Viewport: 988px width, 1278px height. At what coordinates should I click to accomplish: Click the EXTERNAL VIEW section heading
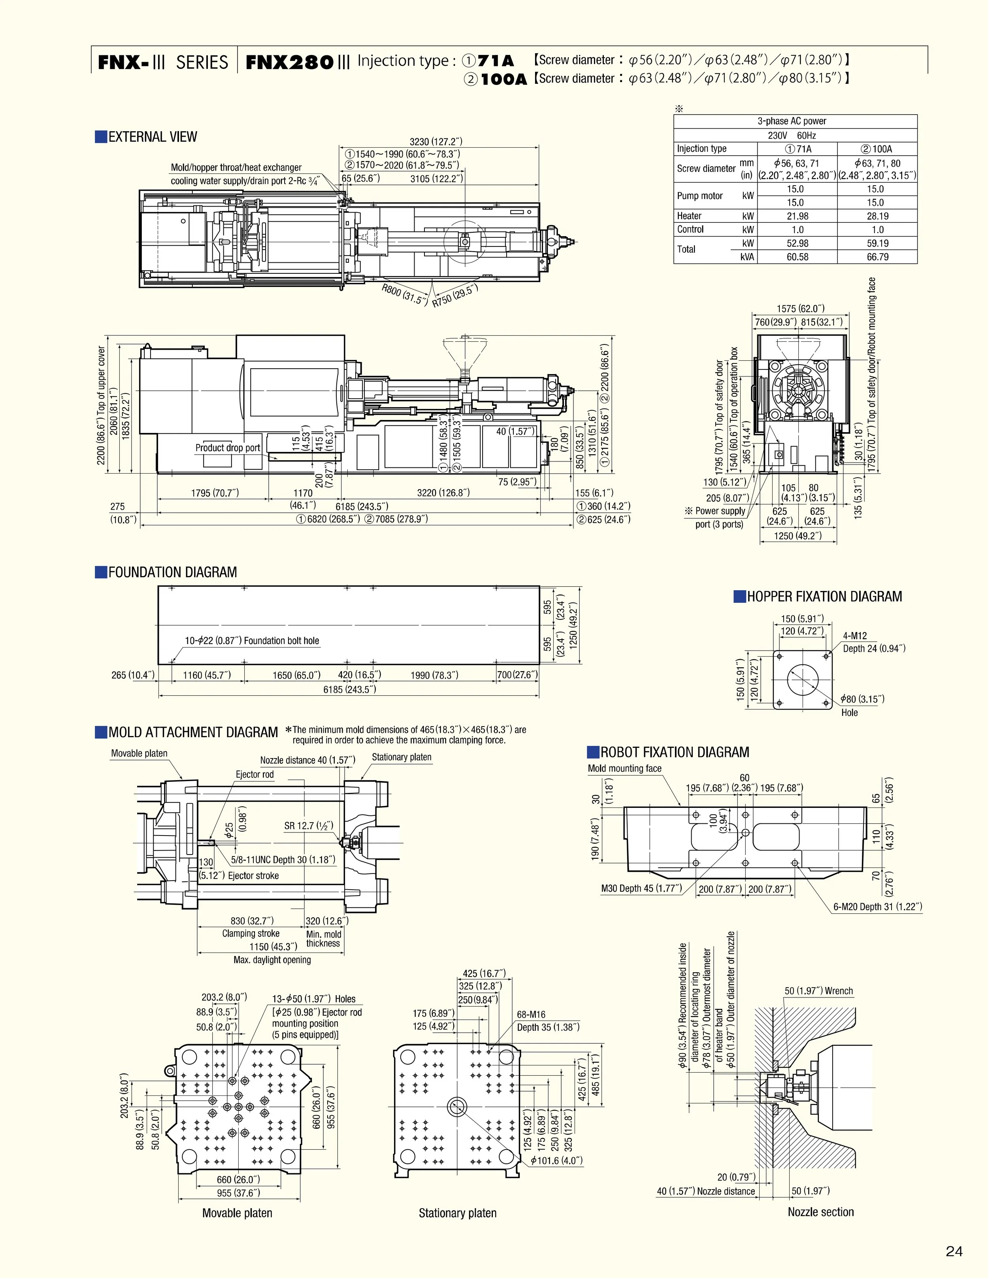[x=152, y=137]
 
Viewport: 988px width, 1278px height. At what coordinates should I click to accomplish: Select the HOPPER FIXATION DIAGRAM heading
[x=824, y=597]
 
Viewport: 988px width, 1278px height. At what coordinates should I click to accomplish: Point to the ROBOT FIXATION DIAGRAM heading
[x=674, y=753]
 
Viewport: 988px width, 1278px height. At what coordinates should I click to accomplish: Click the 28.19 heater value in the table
[x=877, y=216]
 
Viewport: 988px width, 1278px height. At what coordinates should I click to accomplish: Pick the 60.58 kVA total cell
[x=797, y=257]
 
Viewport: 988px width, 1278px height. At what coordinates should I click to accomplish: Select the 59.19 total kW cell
[x=877, y=243]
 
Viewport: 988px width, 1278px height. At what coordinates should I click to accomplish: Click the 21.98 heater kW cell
[x=797, y=216]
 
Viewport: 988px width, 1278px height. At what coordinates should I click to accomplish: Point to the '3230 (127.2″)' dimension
[x=436, y=141]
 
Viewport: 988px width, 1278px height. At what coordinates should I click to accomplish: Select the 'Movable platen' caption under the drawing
[x=237, y=1213]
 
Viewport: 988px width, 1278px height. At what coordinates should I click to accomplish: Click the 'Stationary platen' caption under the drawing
[x=457, y=1213]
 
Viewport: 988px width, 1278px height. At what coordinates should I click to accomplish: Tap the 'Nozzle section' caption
[x=820, y=1212]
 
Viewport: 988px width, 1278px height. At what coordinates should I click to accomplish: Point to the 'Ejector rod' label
[x=255, y=775]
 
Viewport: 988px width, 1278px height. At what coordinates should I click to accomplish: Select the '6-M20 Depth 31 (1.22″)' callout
[x=878, y=907]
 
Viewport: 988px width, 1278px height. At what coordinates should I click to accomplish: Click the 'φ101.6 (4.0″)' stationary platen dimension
[x=556, y=1160]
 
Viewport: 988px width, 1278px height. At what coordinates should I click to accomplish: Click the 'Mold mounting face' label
[x=624, y=769]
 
